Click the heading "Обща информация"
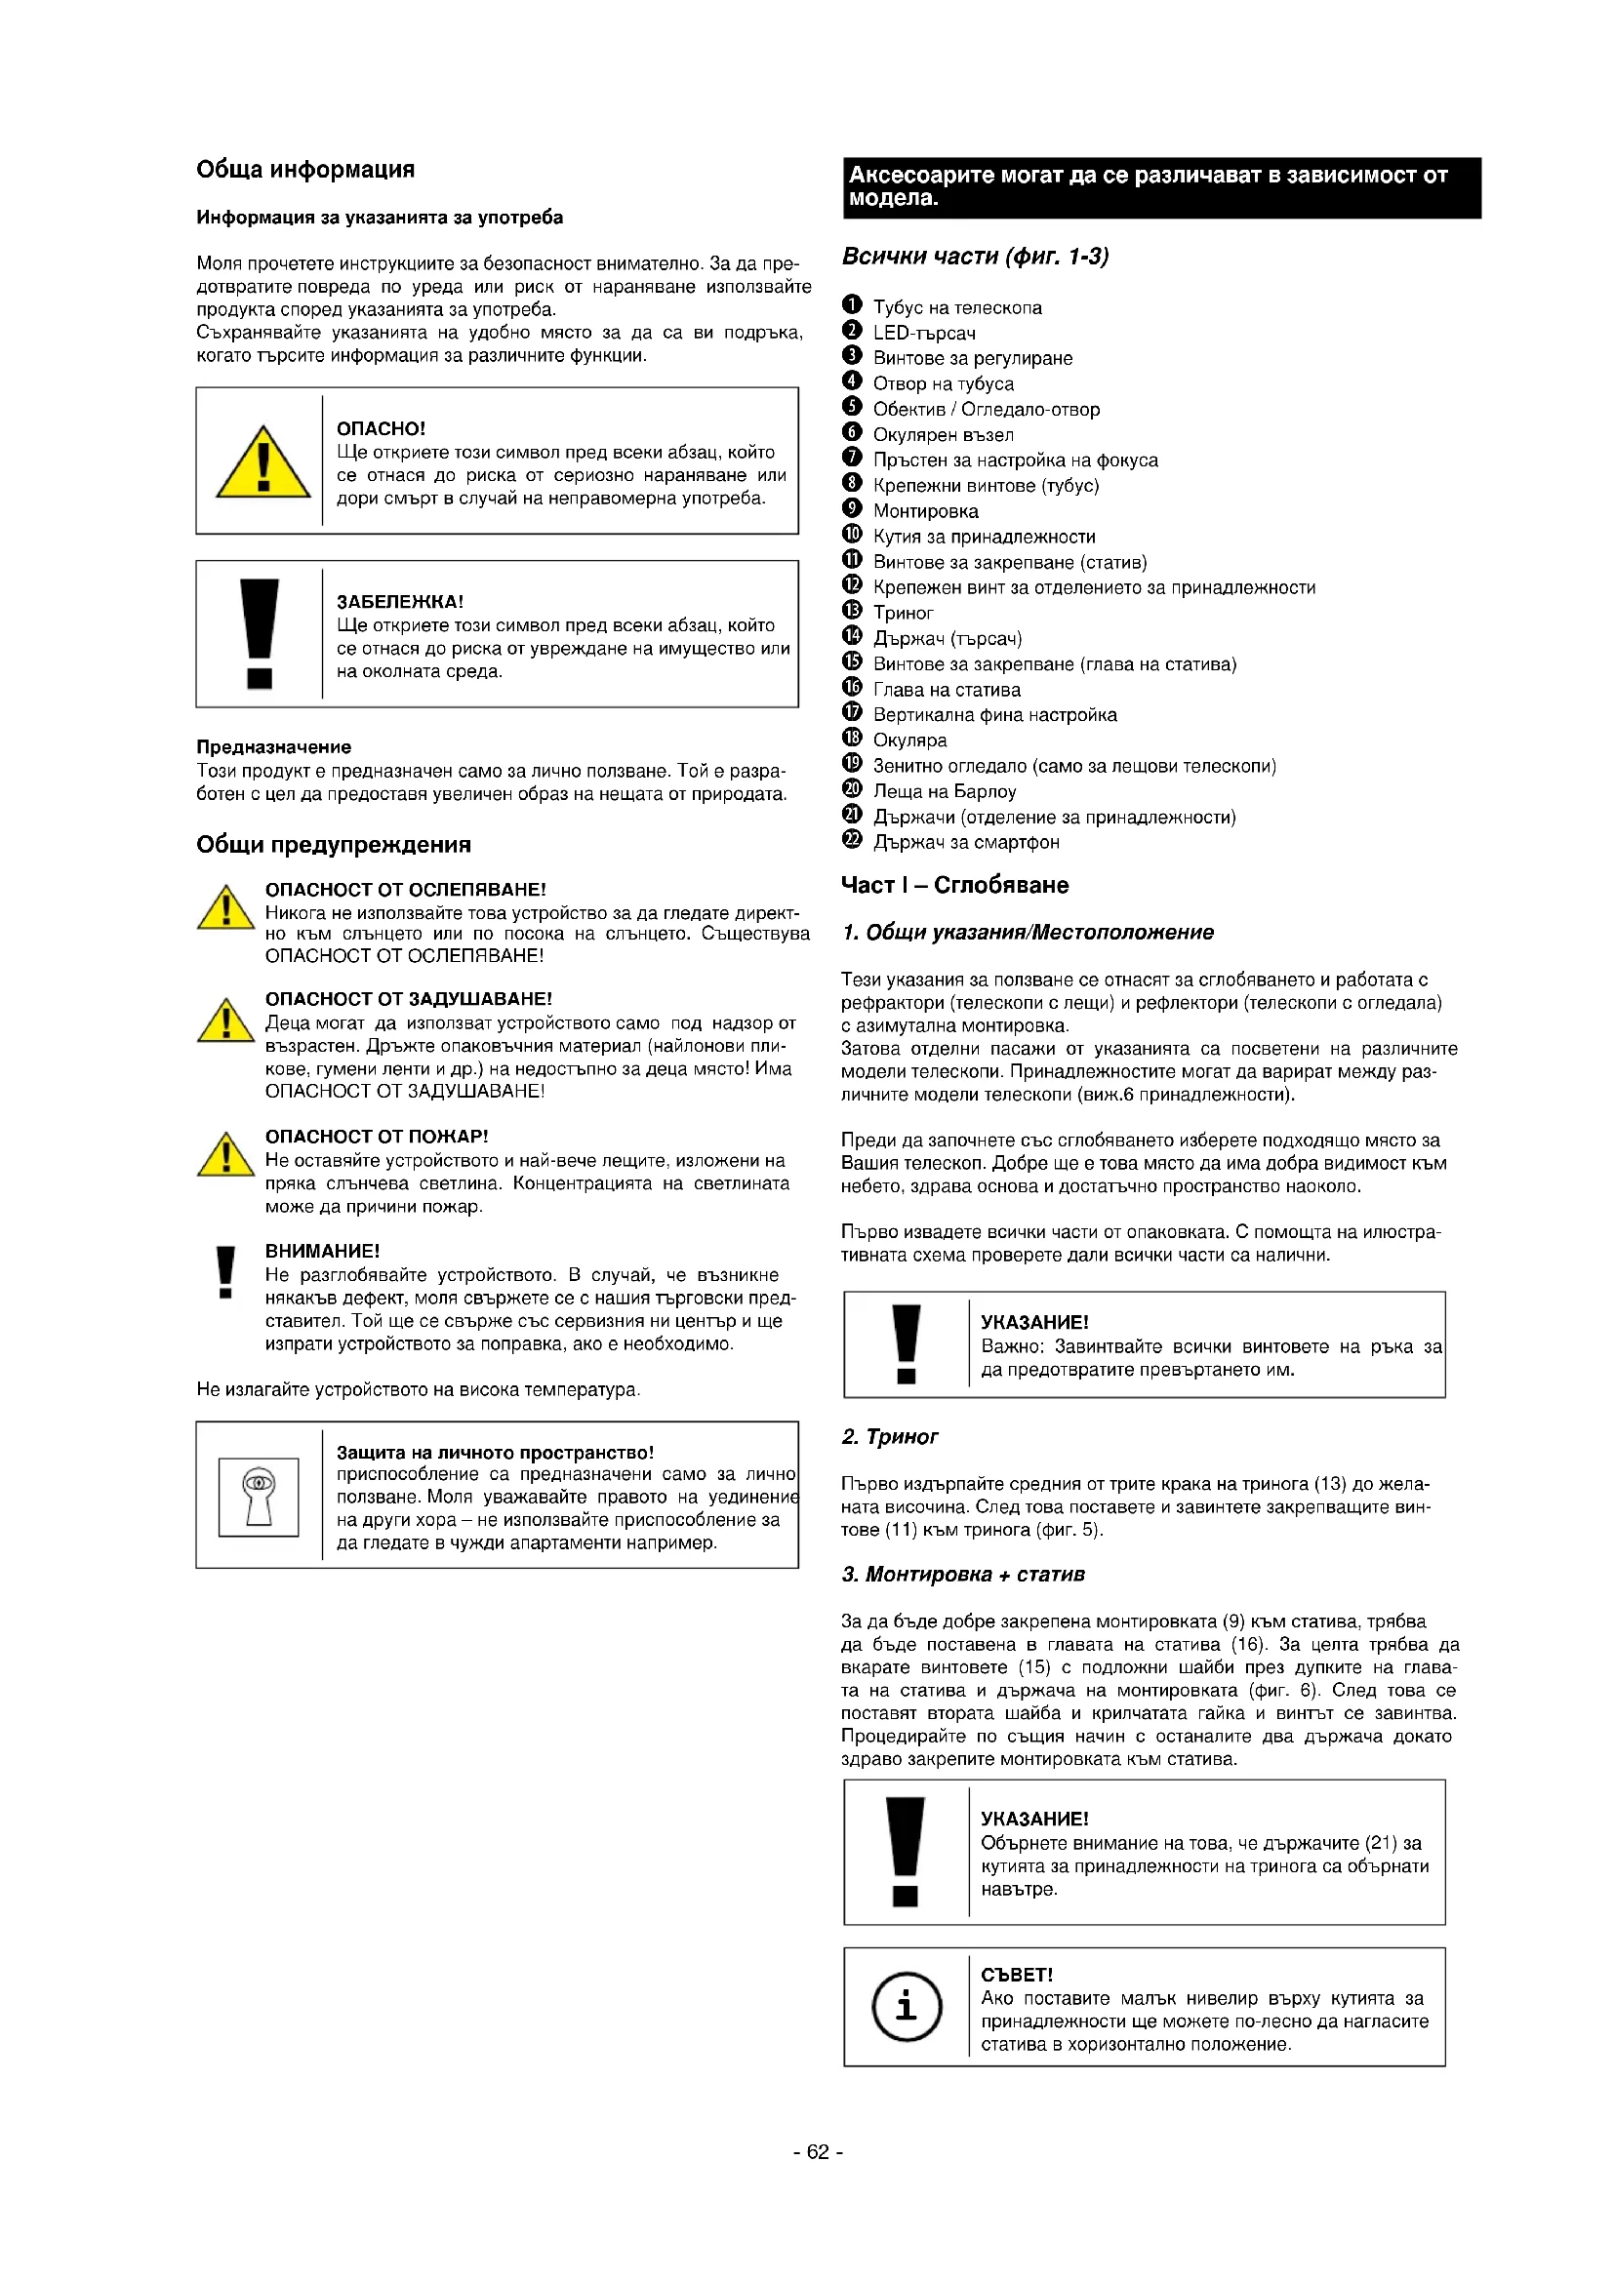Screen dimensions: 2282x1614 pos(305,169)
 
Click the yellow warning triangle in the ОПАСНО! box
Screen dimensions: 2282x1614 pos(263,463)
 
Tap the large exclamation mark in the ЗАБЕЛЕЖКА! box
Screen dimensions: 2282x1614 pos(260,633)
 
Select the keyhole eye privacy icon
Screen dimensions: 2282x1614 pos(259,1496)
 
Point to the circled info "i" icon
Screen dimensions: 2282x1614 pos(907,2007)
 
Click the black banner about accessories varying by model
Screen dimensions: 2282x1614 pos(1161,187)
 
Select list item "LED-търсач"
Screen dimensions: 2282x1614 pos(923,333)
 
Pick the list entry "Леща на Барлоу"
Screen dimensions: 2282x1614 pos(945,791)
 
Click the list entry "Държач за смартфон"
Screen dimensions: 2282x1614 pos(966,842)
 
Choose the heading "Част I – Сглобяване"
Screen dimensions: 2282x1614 pos(954,885)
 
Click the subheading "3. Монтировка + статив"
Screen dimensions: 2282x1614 pos(962,1574)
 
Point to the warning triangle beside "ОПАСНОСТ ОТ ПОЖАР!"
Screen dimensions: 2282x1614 pos(226,1156)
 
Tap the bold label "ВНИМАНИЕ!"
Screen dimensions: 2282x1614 pos(322,1252)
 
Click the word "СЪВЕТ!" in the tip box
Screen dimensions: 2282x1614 pos(1017,1974)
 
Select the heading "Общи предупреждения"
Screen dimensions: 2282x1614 pos(333,845)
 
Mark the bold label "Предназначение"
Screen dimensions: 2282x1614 pos(273,746)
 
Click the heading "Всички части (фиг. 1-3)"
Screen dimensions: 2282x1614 pos(974,257)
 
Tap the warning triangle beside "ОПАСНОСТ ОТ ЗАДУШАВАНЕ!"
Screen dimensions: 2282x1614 pos(226,1021)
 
